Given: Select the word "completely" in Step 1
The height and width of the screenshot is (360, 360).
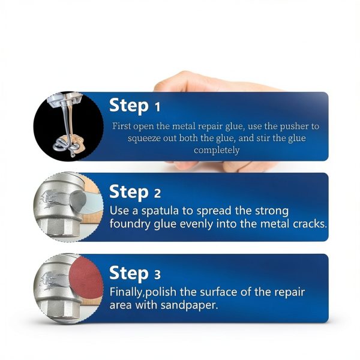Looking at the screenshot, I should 217,150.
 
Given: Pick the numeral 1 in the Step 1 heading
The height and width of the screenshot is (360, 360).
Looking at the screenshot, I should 157,108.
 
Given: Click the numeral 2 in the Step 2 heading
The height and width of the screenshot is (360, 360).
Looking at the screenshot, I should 158,194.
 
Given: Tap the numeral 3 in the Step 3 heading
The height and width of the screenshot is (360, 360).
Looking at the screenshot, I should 158,275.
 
